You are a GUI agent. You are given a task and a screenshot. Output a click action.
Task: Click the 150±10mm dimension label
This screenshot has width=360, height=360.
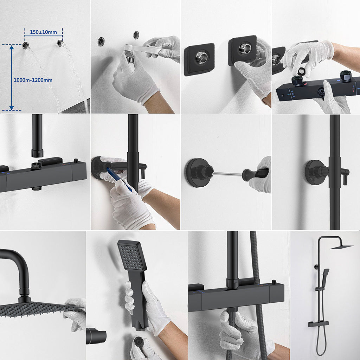(x=43, y=32)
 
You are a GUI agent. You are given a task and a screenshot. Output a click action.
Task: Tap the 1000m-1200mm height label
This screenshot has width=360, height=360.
(x=33, y=80)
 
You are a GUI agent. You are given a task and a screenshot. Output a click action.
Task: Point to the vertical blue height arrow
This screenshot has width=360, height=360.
(x=12, y=77)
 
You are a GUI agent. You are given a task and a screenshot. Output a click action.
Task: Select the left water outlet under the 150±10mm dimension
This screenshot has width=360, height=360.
(x=25, y=45)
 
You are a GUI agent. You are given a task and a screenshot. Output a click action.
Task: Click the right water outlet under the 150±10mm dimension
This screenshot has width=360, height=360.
(x=60, y=43)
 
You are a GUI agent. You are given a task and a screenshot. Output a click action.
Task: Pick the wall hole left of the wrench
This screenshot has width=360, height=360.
(x=101, y=41)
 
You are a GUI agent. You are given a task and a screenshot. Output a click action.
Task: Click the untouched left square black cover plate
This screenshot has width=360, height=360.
(x=199, y=59)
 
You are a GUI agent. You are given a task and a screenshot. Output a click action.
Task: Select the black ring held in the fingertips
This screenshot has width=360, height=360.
(x=301, y=71)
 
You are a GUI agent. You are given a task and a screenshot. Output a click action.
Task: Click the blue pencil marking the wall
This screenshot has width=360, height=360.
(x=119, y=179)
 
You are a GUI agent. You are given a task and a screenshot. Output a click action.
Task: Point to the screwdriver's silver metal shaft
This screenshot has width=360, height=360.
(x=227, y=174)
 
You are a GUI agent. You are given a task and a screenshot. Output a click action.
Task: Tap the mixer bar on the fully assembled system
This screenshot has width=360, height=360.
(x=319, y=323)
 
